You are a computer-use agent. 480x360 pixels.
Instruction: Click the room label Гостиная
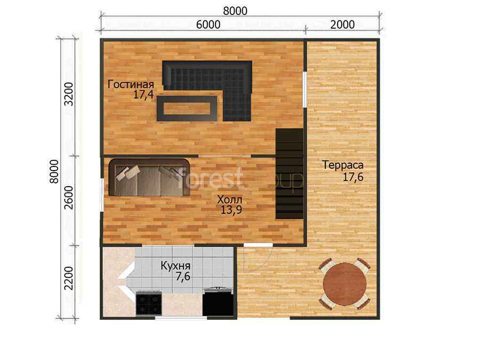click(131, 84)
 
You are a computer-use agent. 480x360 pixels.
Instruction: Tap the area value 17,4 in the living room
click(143, 94)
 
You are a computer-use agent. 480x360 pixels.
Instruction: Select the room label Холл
click(229, 200)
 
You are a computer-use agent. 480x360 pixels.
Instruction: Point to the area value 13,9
click(231, 210)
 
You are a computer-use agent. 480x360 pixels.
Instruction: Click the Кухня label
click(175, 266)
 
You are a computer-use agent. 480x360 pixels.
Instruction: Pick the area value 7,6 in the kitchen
click(183, 276)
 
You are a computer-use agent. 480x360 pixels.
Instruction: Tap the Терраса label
click(343, 165)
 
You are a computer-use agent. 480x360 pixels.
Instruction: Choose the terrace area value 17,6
click(353, 177)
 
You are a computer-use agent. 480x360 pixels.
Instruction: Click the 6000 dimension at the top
click(208, 25)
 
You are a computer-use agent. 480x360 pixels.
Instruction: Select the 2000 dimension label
click(342, 25)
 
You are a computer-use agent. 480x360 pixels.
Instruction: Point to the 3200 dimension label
click(69, 94)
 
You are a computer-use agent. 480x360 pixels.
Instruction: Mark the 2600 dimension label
click(69, 198)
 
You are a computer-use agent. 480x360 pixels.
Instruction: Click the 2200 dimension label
click(69, 278)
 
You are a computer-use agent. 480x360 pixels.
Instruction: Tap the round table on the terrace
click(345, 284)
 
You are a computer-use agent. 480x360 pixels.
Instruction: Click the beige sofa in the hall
click(149, 177)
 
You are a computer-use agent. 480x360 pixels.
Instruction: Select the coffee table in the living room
click(187, 108)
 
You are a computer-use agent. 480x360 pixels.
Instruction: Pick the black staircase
click(290, 173)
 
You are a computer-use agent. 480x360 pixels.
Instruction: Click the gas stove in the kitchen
click(149, 303)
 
